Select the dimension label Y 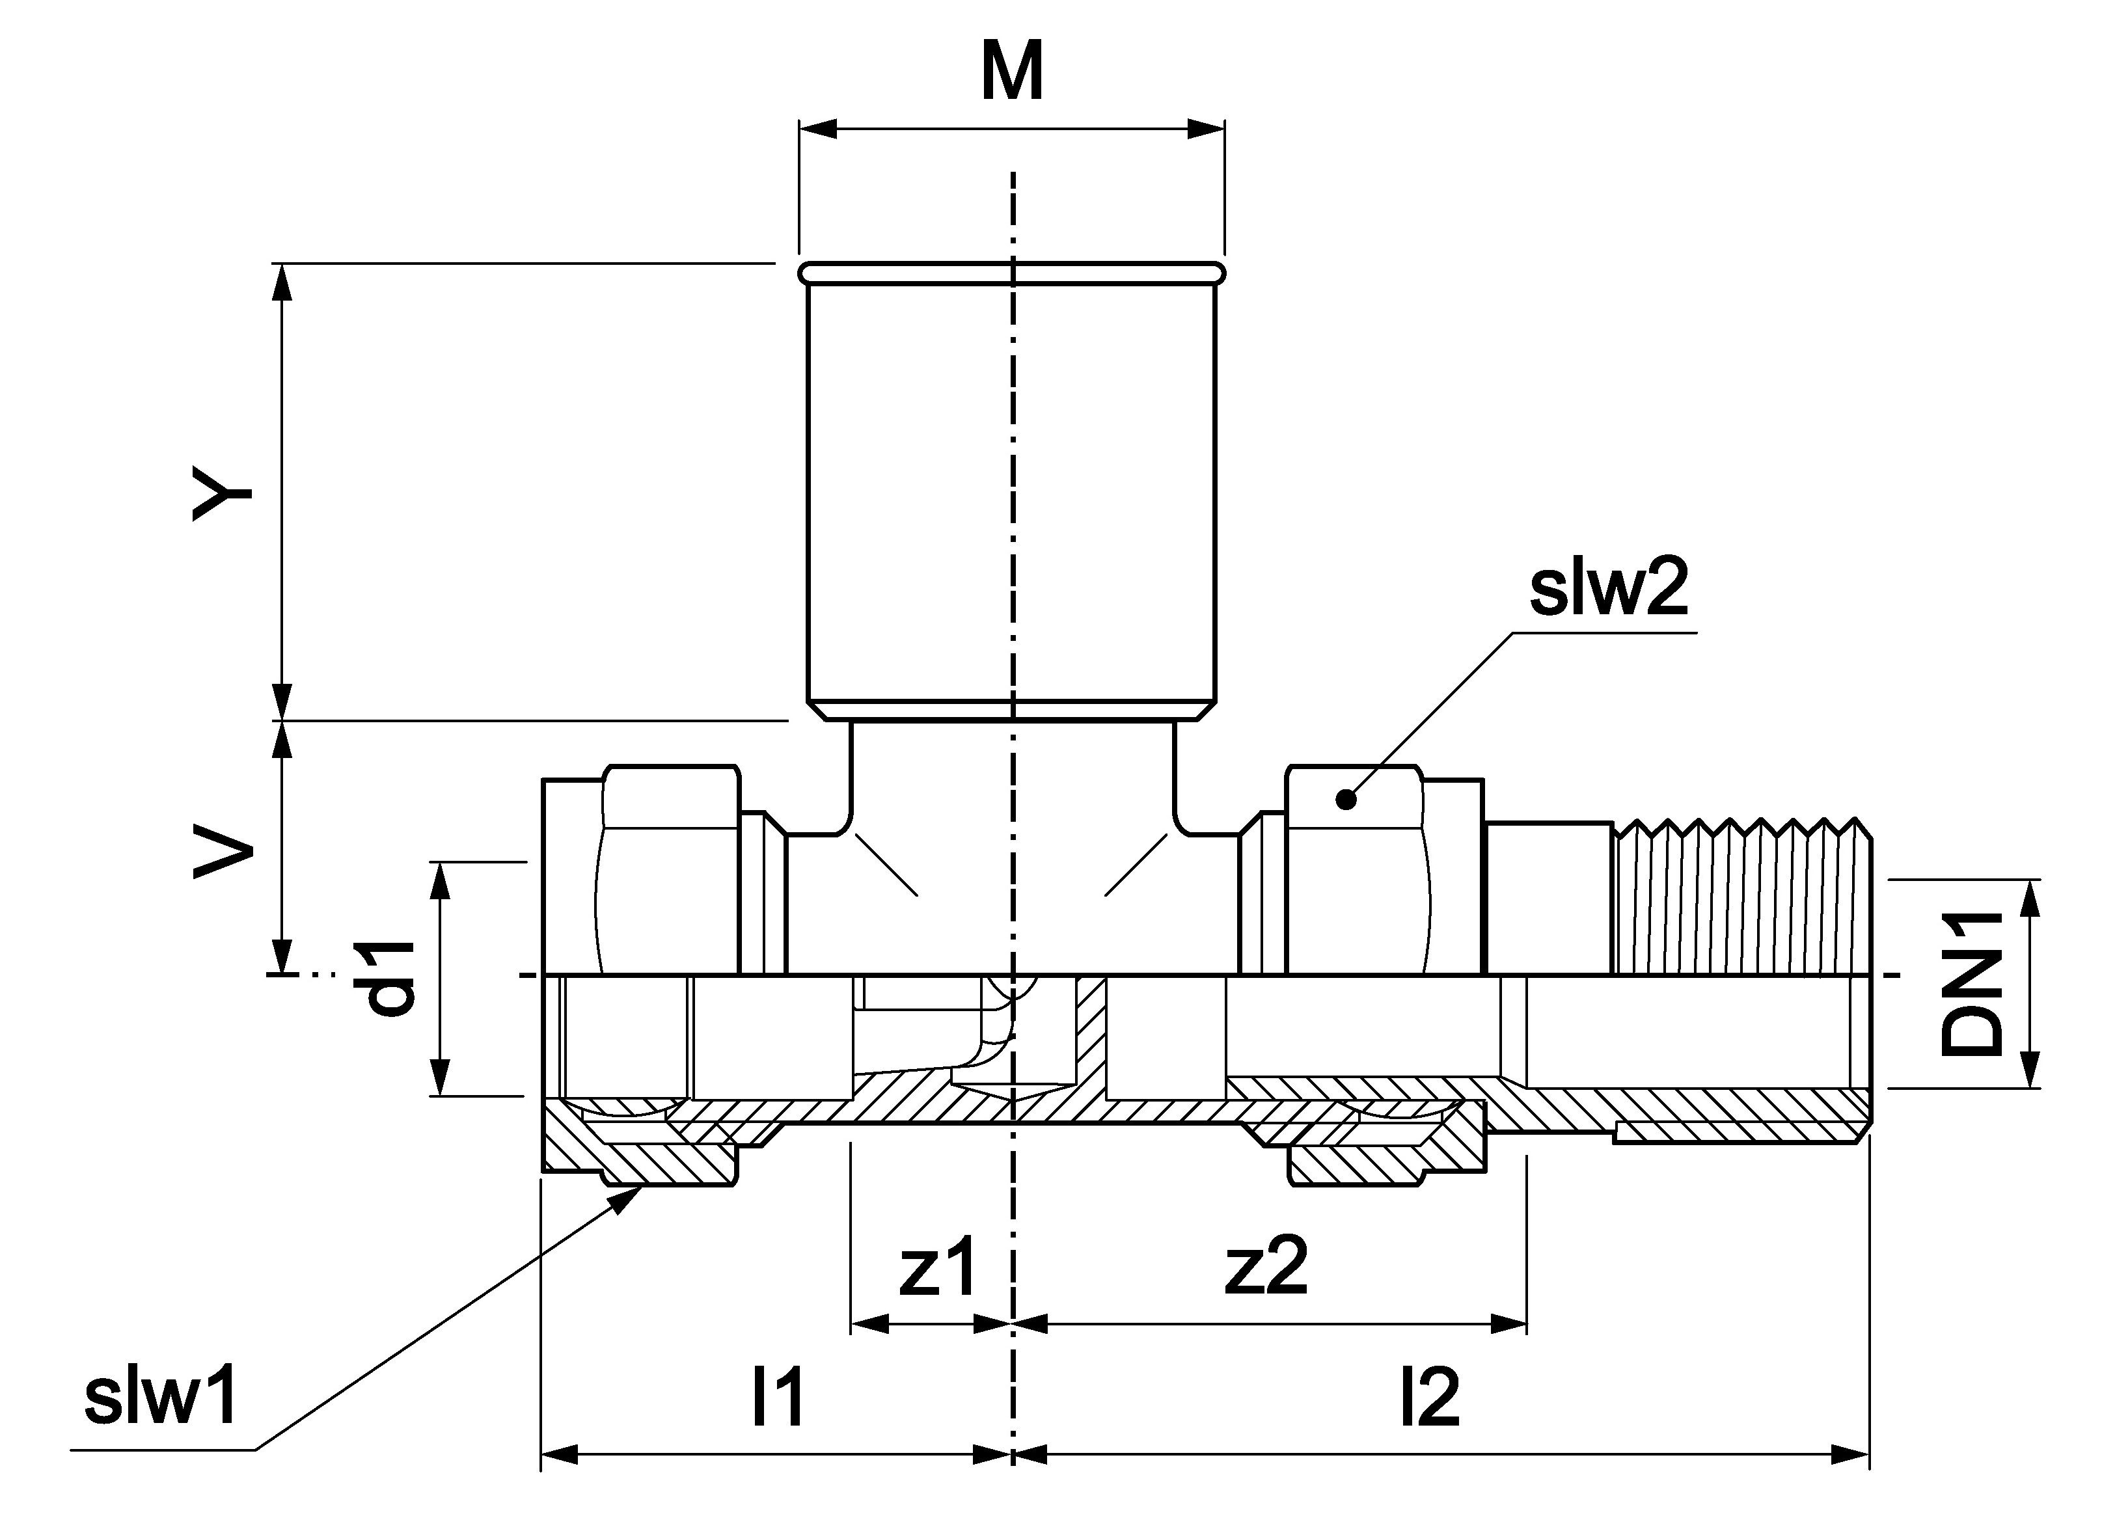223,493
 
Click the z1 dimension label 937,1267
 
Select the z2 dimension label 1265,1267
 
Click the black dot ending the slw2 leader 1346,798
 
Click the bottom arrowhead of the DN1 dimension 2030,1083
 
